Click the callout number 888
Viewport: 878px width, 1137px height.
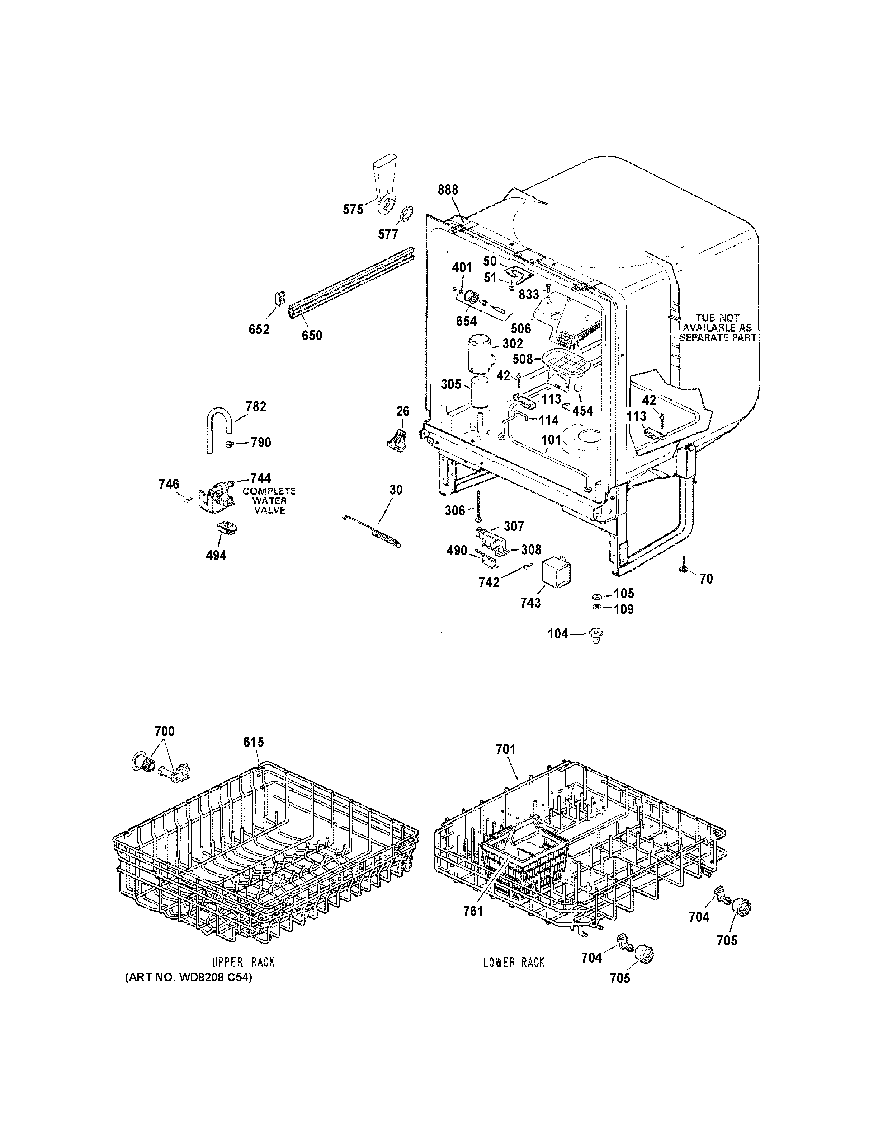(x=448, y=190)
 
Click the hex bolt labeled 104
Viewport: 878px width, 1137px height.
(x=596, y=635)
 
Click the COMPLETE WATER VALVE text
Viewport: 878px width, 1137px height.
(x=269, y=500)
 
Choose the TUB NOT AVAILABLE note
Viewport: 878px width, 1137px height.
(x=717, y=327)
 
